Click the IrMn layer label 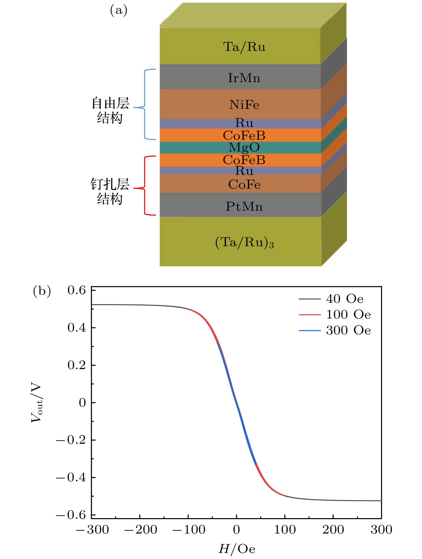click(244, 78)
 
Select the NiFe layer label click(244, 105)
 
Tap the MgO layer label click(244, 147)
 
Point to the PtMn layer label click(244, 206)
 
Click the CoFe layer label click(244, 184)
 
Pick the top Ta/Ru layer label click(244, 47)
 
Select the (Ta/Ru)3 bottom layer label click(244, 242)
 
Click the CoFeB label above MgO click(244, 135)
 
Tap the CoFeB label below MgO click(244, 160)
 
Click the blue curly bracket click(146, 104)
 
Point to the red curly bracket click(146, 186)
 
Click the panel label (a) click(119, 11)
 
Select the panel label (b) click(42, 291)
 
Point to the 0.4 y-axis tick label click(77, 327)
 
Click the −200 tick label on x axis click(140, 530)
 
